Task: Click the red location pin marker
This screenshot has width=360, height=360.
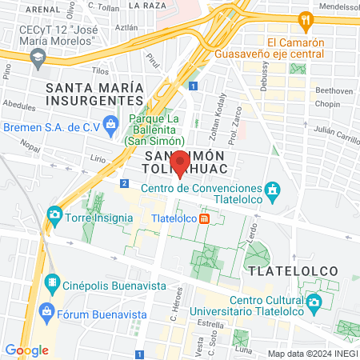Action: coord(180,162)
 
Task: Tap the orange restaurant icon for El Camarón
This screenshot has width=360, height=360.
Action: coord(304,19)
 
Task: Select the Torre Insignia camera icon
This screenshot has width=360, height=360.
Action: coord(54,214)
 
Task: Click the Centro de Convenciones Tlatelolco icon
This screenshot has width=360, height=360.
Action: coord(274,190)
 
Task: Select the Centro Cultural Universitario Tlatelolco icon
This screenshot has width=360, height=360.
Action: coord(314,302)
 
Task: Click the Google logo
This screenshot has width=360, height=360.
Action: coord(26,350)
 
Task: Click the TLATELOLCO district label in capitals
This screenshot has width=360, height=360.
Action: coord(294,270)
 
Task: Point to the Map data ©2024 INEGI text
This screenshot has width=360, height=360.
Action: coord(310,354)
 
